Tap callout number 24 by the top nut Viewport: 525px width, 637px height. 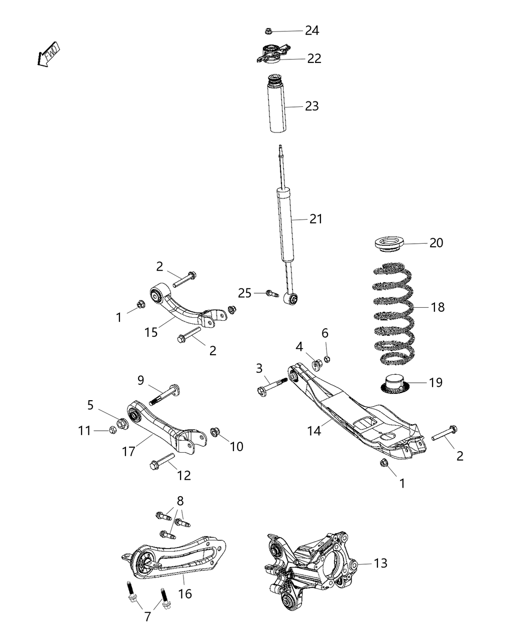click(x=312, y=30)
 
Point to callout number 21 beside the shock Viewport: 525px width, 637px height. click(x=316, y=219)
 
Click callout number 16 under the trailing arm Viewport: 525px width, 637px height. click(x=185, y=594)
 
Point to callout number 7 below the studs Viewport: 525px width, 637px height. click(x=147, y=617)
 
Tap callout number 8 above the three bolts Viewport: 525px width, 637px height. click(x=180, y=500)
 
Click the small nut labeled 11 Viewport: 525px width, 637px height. click(x=112, y=430)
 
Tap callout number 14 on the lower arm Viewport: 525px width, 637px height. click(x=314, y=430)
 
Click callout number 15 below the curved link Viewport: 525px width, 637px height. click(x=151, y=332)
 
